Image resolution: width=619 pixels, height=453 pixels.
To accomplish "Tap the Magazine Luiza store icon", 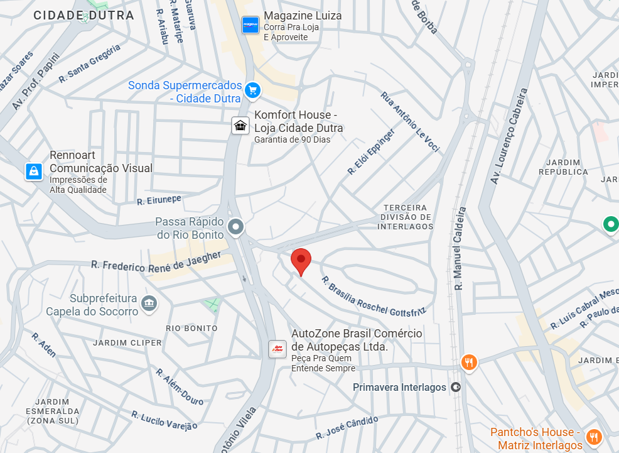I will click(250, 25).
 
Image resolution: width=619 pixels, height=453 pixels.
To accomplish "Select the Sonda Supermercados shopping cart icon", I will click(252, 90).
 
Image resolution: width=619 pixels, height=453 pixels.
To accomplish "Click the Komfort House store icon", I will click(240, 125).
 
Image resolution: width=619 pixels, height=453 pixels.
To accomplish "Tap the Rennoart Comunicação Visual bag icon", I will click(33, 170).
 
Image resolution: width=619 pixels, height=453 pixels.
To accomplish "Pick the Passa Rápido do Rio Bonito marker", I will click(236, 226).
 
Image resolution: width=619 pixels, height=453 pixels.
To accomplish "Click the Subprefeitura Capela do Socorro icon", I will click(149, 303).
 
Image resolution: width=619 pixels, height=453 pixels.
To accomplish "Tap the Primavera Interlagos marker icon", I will click(456, 387).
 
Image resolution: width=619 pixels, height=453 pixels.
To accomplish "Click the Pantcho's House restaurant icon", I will click(592, 437).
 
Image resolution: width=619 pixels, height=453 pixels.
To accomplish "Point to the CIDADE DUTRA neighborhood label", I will click(84, 15).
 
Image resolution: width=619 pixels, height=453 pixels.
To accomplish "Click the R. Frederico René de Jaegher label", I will click(156, 261).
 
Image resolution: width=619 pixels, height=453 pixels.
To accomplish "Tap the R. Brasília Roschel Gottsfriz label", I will click(374, 295).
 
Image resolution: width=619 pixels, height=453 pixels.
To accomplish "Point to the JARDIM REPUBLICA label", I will click(563, 166).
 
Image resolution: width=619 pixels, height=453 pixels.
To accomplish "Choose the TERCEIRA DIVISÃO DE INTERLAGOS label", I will click(406, 217).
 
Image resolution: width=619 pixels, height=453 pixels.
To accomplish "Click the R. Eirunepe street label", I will click(159, 200).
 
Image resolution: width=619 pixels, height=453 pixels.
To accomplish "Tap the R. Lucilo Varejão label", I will click(164, 420).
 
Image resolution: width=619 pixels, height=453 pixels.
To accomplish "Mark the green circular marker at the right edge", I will click(610, 224).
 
